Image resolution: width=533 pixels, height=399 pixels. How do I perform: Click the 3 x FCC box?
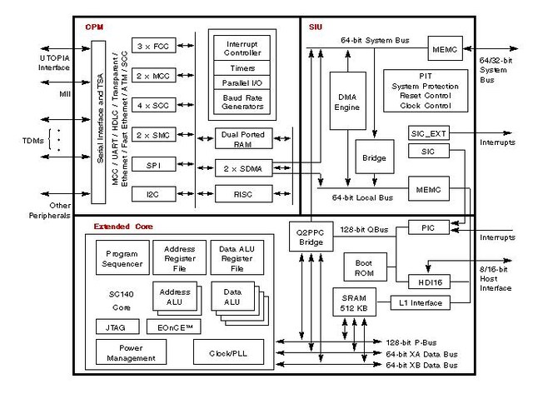(x=152, y=46)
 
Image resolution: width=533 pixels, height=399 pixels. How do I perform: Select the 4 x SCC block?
(x=152, y=105)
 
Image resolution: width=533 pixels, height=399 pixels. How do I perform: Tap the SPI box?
(x=152, y=164)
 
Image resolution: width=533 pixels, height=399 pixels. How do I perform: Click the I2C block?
(x=152, y=193)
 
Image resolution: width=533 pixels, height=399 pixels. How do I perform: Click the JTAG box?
(x=116, y=327)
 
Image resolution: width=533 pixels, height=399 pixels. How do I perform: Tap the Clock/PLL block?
(x=233, y=352)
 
